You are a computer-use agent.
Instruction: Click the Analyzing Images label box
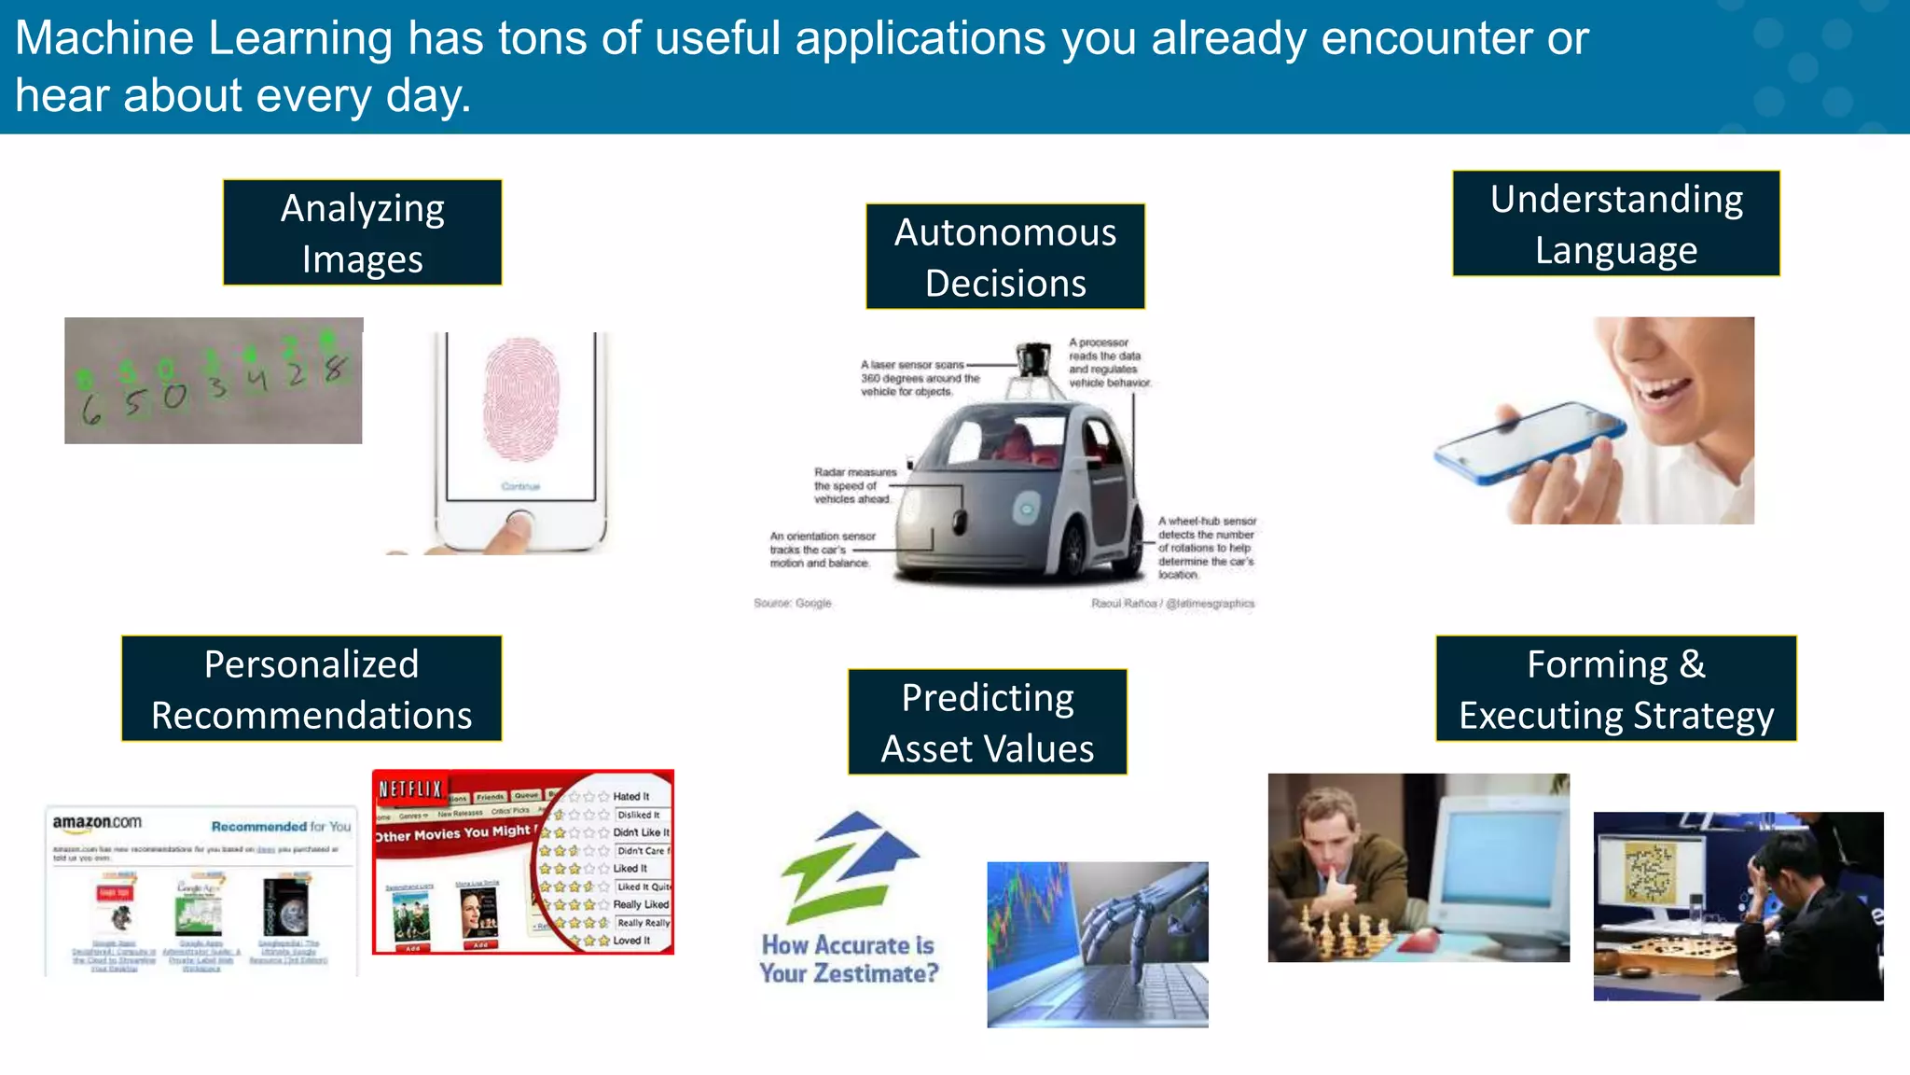coord(362,232)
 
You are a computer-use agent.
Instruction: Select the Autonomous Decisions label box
coord(1004,257)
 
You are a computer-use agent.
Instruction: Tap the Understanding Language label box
coord(1615,224)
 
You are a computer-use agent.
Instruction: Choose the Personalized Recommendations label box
coord(311,689)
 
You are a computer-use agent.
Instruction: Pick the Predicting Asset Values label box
coord(987,722)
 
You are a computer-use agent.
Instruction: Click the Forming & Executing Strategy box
coord(1615,689)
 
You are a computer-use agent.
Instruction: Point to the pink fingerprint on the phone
coord(520,398)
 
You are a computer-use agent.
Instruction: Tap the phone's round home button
coord(520,521)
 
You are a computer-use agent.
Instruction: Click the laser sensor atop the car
coord(1032,359)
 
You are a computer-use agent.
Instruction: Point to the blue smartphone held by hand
coord(1529,441)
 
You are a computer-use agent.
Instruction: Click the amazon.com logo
coord(97,822)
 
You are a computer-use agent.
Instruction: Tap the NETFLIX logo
coord(409,789)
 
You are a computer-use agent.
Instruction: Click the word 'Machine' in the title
coord(104,39)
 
